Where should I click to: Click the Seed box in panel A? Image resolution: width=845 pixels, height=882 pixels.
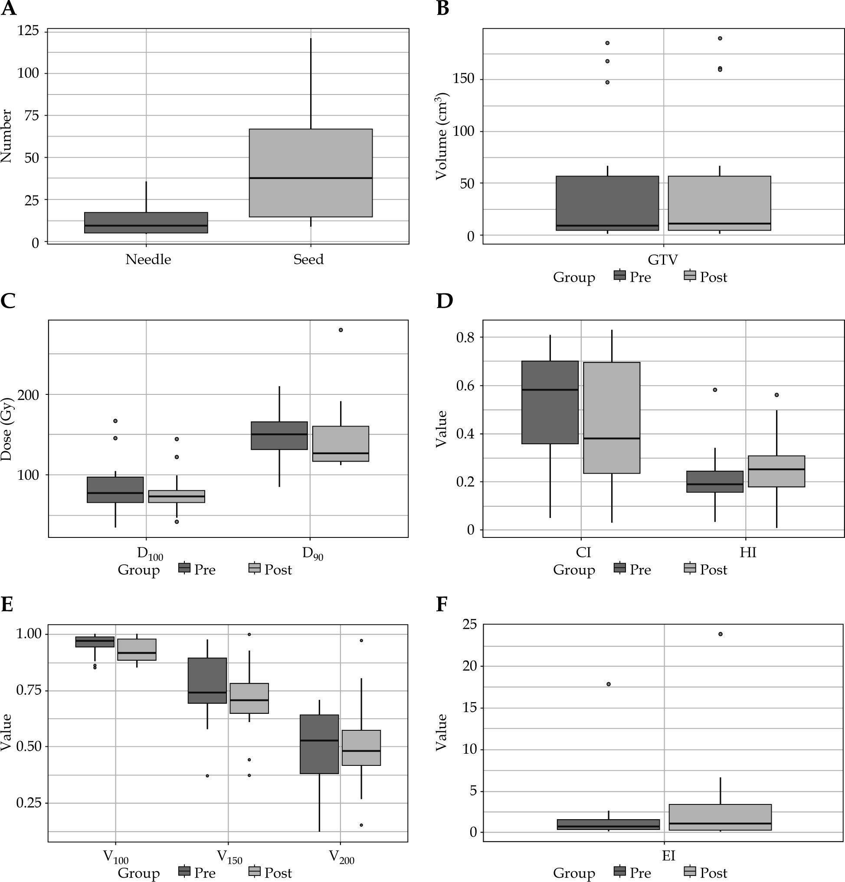click(311, 173)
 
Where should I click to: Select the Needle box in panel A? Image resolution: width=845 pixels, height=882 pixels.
click(146, 222)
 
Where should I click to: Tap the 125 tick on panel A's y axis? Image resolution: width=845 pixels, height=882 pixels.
click(28, 31)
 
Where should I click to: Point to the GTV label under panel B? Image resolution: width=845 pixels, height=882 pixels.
click(662, 260)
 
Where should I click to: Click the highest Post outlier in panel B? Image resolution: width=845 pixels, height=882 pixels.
click(720, 38)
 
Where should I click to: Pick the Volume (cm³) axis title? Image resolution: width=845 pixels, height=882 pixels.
click(442, 136)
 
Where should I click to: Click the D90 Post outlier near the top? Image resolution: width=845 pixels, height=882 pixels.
click(341, 330)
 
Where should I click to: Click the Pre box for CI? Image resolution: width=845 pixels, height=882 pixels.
click(550, 402)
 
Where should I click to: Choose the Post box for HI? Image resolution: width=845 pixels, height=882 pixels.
click(776, 471)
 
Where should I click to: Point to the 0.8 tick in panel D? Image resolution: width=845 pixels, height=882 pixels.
click(466, 338)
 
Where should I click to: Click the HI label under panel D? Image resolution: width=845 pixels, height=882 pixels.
click(748, 552)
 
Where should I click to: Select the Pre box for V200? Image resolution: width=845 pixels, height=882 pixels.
click(319, 744)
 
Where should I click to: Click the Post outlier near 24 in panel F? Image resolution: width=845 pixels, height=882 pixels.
click(720, 634)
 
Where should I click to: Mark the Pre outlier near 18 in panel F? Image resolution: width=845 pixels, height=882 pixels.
click(609, 684)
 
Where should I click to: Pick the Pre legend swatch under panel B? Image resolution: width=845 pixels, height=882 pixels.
click(620, 275)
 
